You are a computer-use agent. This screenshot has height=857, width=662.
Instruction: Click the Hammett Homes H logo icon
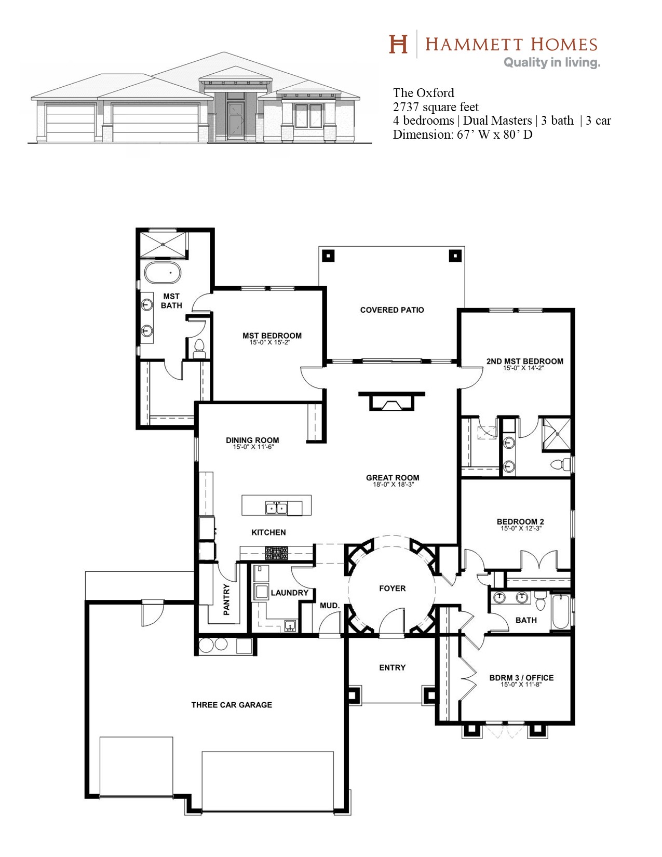click(x=398, y=44)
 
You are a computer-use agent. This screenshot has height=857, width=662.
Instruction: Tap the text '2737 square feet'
click(x=436, y=107)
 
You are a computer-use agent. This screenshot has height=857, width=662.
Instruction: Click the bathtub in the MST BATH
click(x=163, y=273)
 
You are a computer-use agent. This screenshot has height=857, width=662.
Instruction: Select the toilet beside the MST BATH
click(x=199, y=349)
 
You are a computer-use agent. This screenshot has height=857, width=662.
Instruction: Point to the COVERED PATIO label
click(x=392, y=310)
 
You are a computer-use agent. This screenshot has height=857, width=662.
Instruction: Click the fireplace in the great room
click(x=391, y=401)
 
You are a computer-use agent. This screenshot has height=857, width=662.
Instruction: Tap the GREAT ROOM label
click(x=393, y=478)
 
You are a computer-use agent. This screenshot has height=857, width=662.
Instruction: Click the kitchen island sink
click(x=276, y=508)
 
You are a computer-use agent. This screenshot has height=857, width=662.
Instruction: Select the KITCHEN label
click(x=268, y=532)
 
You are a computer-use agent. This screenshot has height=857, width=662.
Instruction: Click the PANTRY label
click(x=226, y=599)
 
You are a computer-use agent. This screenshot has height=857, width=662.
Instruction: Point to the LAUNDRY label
click(x=289, y=593)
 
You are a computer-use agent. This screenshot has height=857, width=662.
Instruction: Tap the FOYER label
click(x=393, y=588)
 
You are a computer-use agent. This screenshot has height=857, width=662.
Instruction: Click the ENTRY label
click(x=393, y=668)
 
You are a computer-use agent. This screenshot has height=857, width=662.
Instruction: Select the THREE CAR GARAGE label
click(x=232, y=705)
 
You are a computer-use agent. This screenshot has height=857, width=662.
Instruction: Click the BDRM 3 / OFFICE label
click(x=521, y=678)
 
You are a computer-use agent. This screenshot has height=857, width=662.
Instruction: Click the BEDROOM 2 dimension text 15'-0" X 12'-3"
click(x=521, y=528)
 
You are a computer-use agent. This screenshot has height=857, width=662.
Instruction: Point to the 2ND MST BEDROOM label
click(x=524, y=361)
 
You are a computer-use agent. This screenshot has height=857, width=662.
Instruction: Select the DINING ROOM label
click(x=252, y=440)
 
